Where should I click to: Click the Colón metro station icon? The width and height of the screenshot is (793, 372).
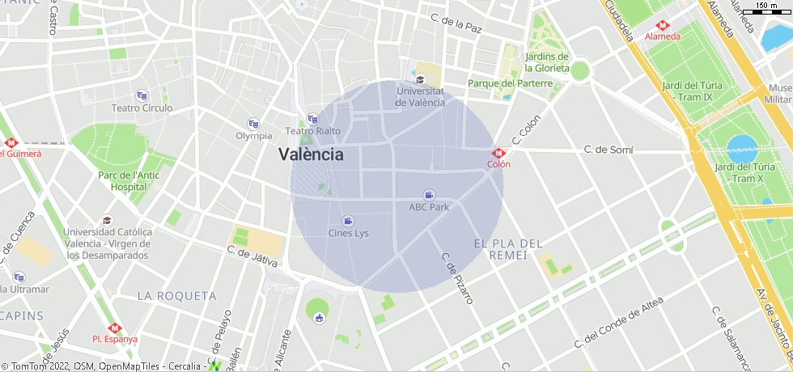pos(498,153)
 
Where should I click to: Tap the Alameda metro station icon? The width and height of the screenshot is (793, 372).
pos(662,24)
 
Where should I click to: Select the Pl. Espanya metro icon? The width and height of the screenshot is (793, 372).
pos(114,328)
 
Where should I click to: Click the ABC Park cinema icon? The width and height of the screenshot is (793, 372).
pos(429,194)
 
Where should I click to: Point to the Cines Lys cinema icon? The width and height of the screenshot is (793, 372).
pos(348,221)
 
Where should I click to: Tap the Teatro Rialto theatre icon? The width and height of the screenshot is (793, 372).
pos(312,119)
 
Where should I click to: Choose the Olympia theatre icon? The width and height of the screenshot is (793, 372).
pos(253,124)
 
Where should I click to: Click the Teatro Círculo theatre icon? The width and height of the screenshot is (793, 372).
pos(142,95)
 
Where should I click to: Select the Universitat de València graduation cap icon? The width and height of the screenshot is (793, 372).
pos(420,79)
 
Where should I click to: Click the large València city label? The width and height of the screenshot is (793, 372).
pos(311,154)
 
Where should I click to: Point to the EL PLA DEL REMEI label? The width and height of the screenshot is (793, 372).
pos(508,249)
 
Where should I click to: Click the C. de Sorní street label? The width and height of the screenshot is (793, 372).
pos(609,150)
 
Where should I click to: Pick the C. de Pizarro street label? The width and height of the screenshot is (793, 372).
pos(456,278)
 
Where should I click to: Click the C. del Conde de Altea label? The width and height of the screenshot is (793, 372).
pos(618,322)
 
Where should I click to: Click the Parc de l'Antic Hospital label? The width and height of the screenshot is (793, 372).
pos(129,180)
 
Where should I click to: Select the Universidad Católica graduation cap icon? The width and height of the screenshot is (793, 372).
pos(107,220)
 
